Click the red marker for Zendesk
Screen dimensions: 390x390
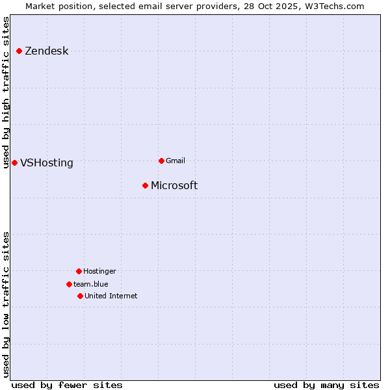[x=19, y=51]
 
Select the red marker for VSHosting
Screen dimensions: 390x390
[x=14, y=162]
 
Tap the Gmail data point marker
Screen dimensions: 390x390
[x=161, y=161]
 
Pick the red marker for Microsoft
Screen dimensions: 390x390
[x=145, y=185]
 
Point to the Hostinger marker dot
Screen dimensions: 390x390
[x=79, y=271]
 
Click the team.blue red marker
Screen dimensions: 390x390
[x=69, y=284]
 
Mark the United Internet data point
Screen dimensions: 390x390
[x=80, y=296]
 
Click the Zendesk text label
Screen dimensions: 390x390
[x=46, y=51]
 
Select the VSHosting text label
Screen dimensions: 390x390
[x=47, y=163]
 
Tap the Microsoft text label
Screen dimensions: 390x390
[x=174, y=186]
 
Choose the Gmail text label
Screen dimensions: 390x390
[x=175, y=161]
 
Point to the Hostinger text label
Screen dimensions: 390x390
[x=99, y=271]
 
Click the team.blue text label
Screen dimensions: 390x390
[x=91, y=284]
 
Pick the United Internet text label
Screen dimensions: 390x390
[x=111, y=296]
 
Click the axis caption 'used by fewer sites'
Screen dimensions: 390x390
[x=67, y=385]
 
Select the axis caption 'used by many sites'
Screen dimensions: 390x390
[x=326, y=385]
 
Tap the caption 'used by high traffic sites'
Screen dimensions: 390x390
[x=6, y=92]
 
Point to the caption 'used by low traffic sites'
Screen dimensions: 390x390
[x=6, y=304]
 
